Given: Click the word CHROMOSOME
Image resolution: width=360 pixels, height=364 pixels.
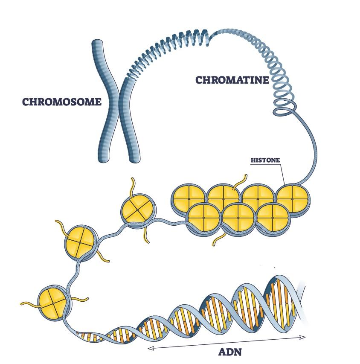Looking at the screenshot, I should coord(62,102).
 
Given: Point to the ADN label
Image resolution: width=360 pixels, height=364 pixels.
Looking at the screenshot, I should coord(230,352).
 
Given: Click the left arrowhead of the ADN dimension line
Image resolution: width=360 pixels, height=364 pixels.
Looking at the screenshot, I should coord(150,348).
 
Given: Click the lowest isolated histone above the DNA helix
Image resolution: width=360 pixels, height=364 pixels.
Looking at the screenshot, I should coord(52,302).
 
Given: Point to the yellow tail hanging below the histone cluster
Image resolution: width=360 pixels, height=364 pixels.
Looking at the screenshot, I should coord(217,240).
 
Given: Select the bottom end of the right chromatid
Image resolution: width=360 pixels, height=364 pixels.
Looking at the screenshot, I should coord(134,158).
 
